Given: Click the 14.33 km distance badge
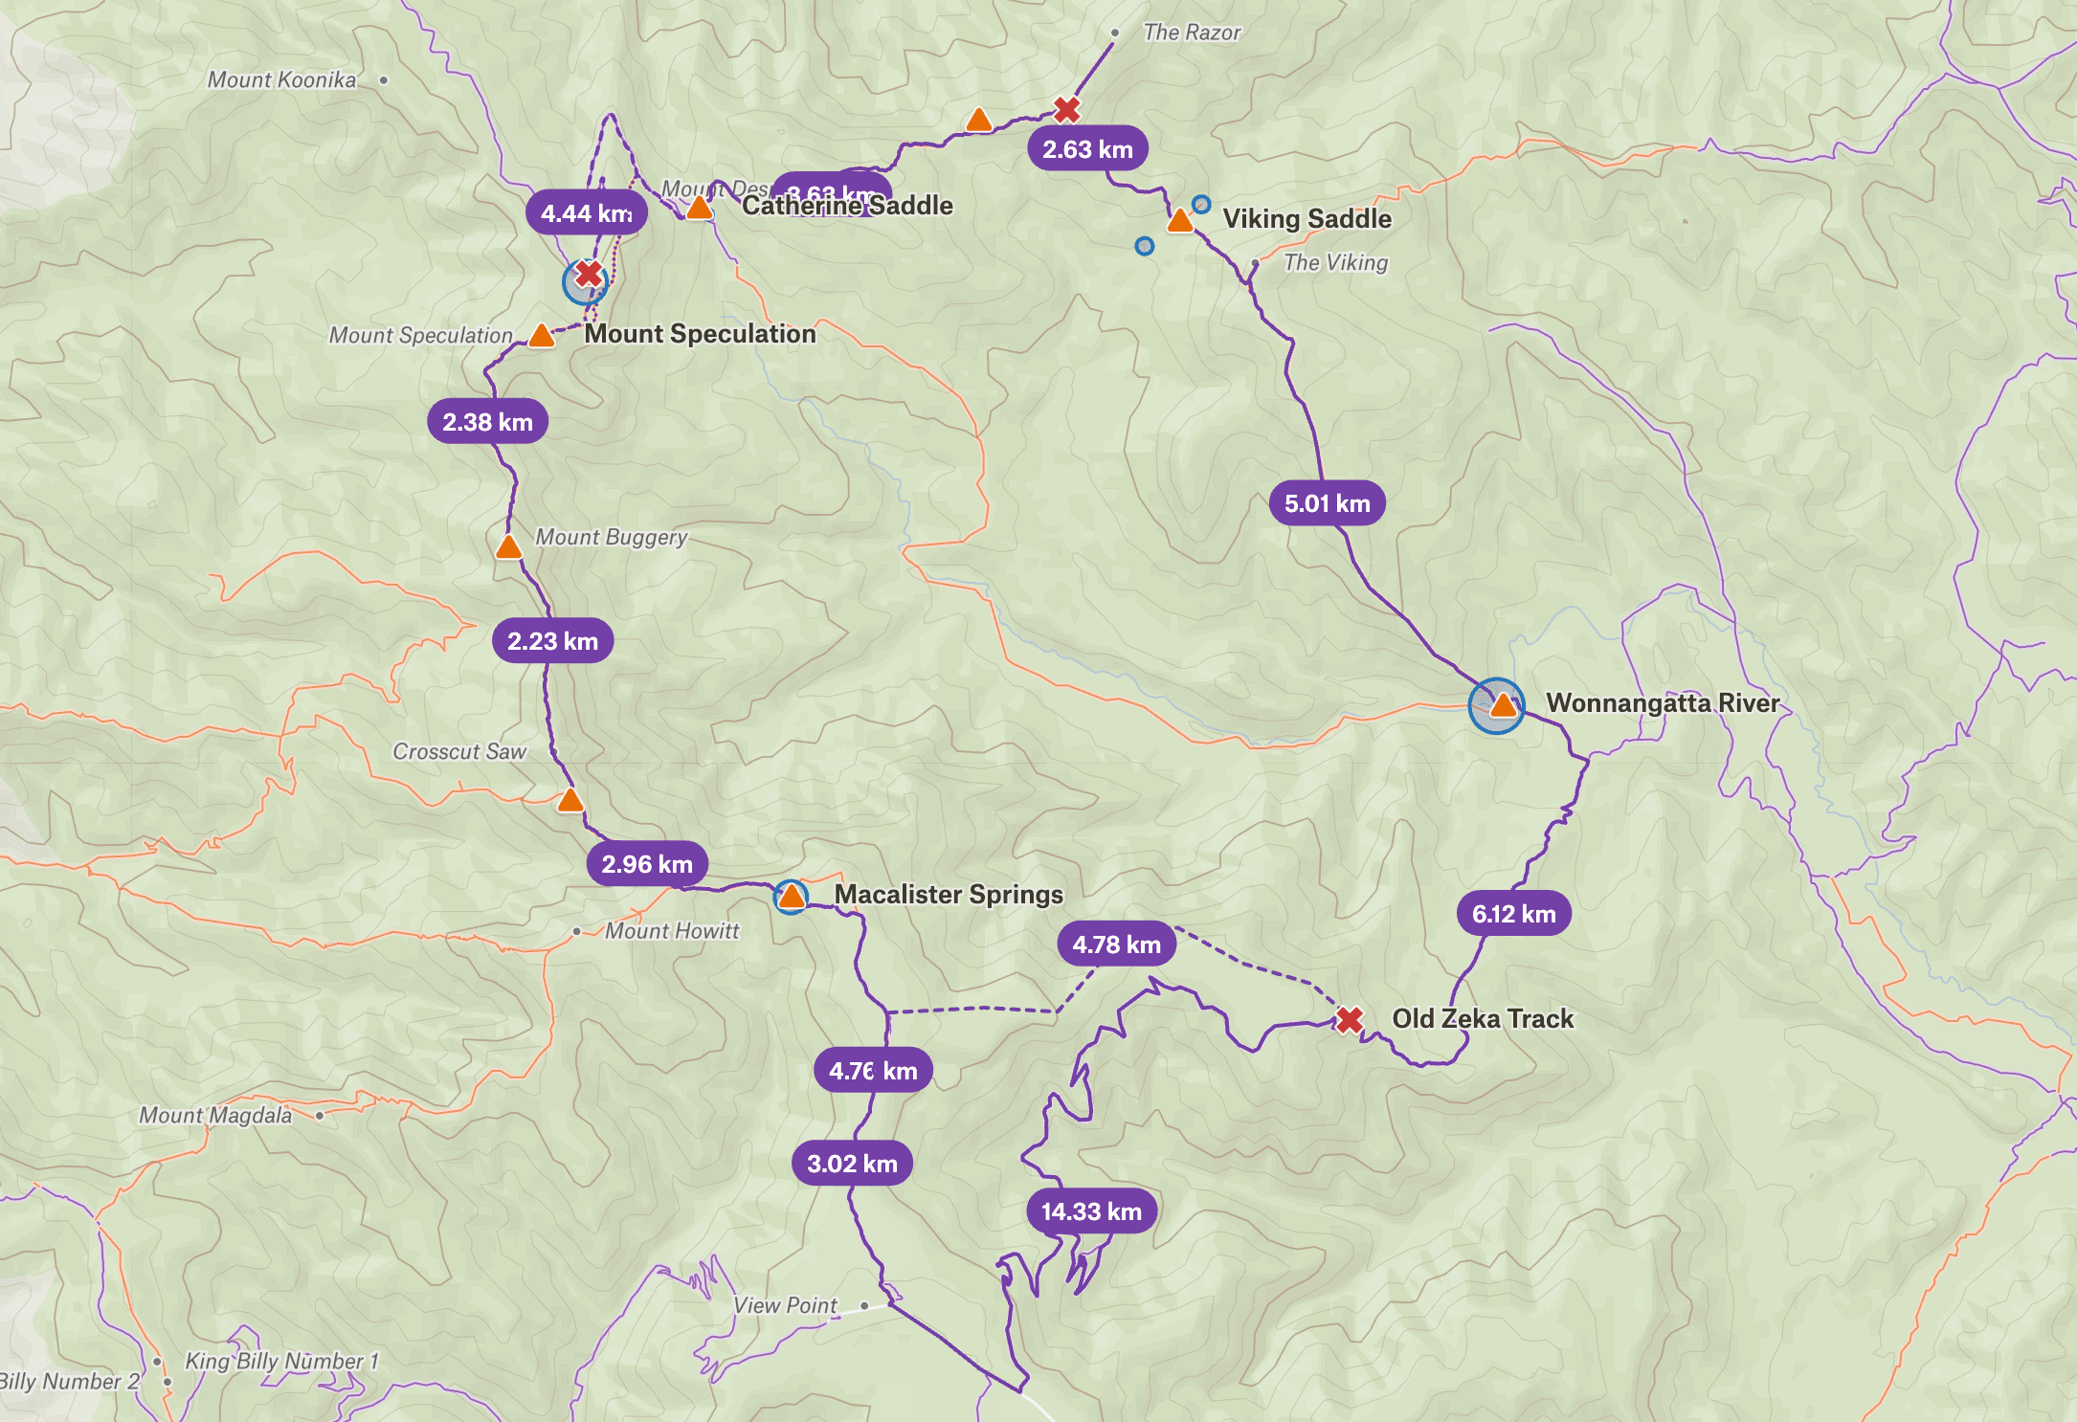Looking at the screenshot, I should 1091,1211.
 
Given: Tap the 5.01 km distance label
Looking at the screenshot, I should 1327,503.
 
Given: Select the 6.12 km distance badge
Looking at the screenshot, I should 1513,914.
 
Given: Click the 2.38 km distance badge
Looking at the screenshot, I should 487,422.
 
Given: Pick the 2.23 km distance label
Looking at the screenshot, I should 552,641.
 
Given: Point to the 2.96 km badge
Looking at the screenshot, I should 647,864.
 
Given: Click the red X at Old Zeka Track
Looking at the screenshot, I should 1349,1020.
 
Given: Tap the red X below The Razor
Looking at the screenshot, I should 1067,110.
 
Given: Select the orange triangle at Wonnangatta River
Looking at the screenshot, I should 1503,706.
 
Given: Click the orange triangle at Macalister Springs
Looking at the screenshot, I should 792,897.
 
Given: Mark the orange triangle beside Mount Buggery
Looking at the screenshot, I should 508,547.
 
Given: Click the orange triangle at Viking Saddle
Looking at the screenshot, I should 1180,221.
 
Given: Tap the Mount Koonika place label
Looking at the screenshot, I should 281,80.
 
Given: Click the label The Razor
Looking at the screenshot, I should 1192,33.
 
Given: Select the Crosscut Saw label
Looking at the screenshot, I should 459,752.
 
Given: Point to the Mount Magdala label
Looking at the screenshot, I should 215,1116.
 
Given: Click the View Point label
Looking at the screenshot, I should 785,1305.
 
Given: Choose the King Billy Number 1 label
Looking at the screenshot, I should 281,1361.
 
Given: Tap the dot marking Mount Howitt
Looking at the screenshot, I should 576,931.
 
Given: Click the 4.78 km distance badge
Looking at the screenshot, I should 1116,944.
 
